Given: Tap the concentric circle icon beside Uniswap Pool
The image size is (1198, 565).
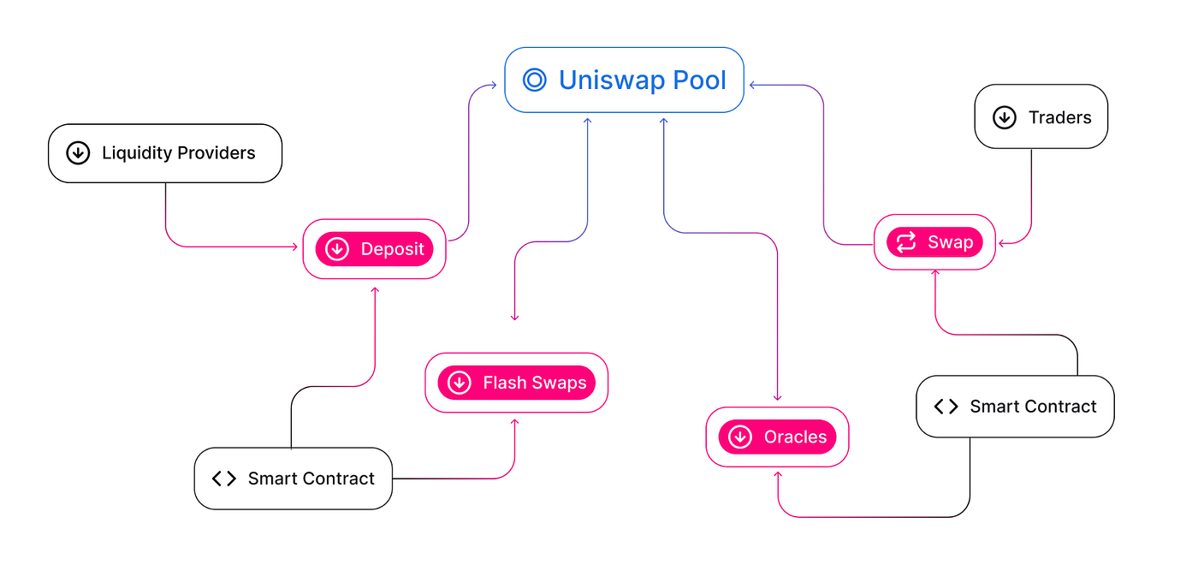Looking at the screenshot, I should [535, 80].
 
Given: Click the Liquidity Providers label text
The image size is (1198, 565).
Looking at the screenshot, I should [178, 153].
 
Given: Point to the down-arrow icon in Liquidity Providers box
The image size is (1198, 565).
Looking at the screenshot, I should [78, 153].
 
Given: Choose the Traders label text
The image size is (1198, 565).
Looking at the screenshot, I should [1059, 117].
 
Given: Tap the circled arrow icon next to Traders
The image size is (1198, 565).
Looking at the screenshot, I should [1004, 117].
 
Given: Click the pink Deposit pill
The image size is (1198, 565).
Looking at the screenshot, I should [374, 249].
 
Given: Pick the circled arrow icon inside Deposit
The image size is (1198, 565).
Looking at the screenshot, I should [337, 249].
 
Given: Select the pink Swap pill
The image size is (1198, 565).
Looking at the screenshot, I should [934, 242].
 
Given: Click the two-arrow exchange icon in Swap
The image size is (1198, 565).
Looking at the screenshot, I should [906, 242].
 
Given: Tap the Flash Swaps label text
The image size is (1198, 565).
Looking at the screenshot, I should [535, 383].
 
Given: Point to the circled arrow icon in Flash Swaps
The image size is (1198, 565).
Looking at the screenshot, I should [460, 383].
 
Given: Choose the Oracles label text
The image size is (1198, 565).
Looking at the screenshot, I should [795, 437].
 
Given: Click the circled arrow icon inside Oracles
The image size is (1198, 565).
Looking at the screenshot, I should [740, 437].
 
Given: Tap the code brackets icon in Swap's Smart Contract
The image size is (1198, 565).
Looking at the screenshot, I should [946, 407].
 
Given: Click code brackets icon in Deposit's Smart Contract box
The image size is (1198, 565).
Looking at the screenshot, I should [223, 479].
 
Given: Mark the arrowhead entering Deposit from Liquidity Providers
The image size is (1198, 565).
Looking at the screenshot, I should [294, 247].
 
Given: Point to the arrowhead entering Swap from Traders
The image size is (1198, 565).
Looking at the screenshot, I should [1003, 243].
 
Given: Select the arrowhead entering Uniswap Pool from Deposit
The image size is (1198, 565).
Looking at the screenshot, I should [493, 85].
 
